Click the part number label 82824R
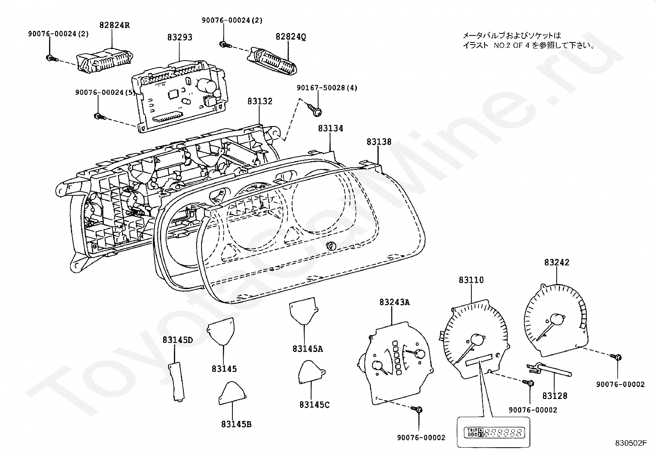115,25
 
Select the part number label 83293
180,38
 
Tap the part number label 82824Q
291,37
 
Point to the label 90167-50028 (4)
327,88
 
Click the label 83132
260,101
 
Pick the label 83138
379,142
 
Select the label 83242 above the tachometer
557,263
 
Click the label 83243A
394,302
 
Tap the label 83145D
178,340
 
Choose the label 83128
555,396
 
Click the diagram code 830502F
631,443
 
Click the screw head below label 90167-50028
317,112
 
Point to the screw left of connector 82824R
50,58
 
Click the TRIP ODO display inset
494,432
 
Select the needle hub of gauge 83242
557,319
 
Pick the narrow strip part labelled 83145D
177,382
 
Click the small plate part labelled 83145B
232,393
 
